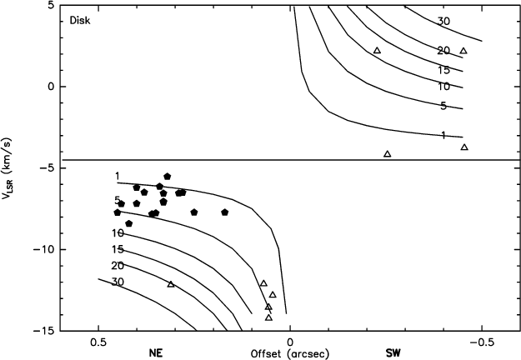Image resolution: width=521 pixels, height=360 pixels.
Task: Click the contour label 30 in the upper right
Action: tap(443, 22)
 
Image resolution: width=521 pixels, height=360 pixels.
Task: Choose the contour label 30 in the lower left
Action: tap(118, 282)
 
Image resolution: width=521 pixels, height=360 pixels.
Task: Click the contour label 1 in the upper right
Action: tap(443, 135)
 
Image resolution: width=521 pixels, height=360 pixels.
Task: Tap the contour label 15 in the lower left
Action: tap(118, 249)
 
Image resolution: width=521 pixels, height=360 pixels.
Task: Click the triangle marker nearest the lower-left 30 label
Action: tap(171, 284)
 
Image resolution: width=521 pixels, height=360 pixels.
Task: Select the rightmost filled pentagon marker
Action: tap(225, 212)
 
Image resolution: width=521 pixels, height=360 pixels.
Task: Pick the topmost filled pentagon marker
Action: tap(168, 177)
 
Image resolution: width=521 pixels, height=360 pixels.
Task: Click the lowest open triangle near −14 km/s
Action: tap(268, 317)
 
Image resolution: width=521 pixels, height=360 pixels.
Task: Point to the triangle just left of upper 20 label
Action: tap(377, 51)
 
